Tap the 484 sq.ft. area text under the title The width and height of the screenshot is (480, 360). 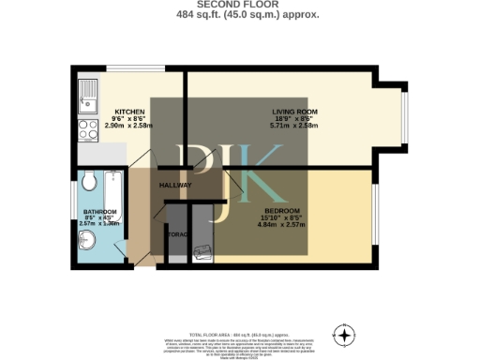click(x=239, y=15)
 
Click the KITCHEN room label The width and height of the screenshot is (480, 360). click(x=128, y=110)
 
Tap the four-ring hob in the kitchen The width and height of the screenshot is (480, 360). click(x=88, y=130)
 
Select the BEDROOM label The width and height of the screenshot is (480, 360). click(x=282, y=210)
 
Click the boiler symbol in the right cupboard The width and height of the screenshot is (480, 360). click(x=202, y=251)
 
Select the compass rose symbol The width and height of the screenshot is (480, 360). click(x=344, y=335)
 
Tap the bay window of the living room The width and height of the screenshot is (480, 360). click(x=404, y=113)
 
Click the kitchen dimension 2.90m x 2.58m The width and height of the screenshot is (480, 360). click(x=128, y=124)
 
